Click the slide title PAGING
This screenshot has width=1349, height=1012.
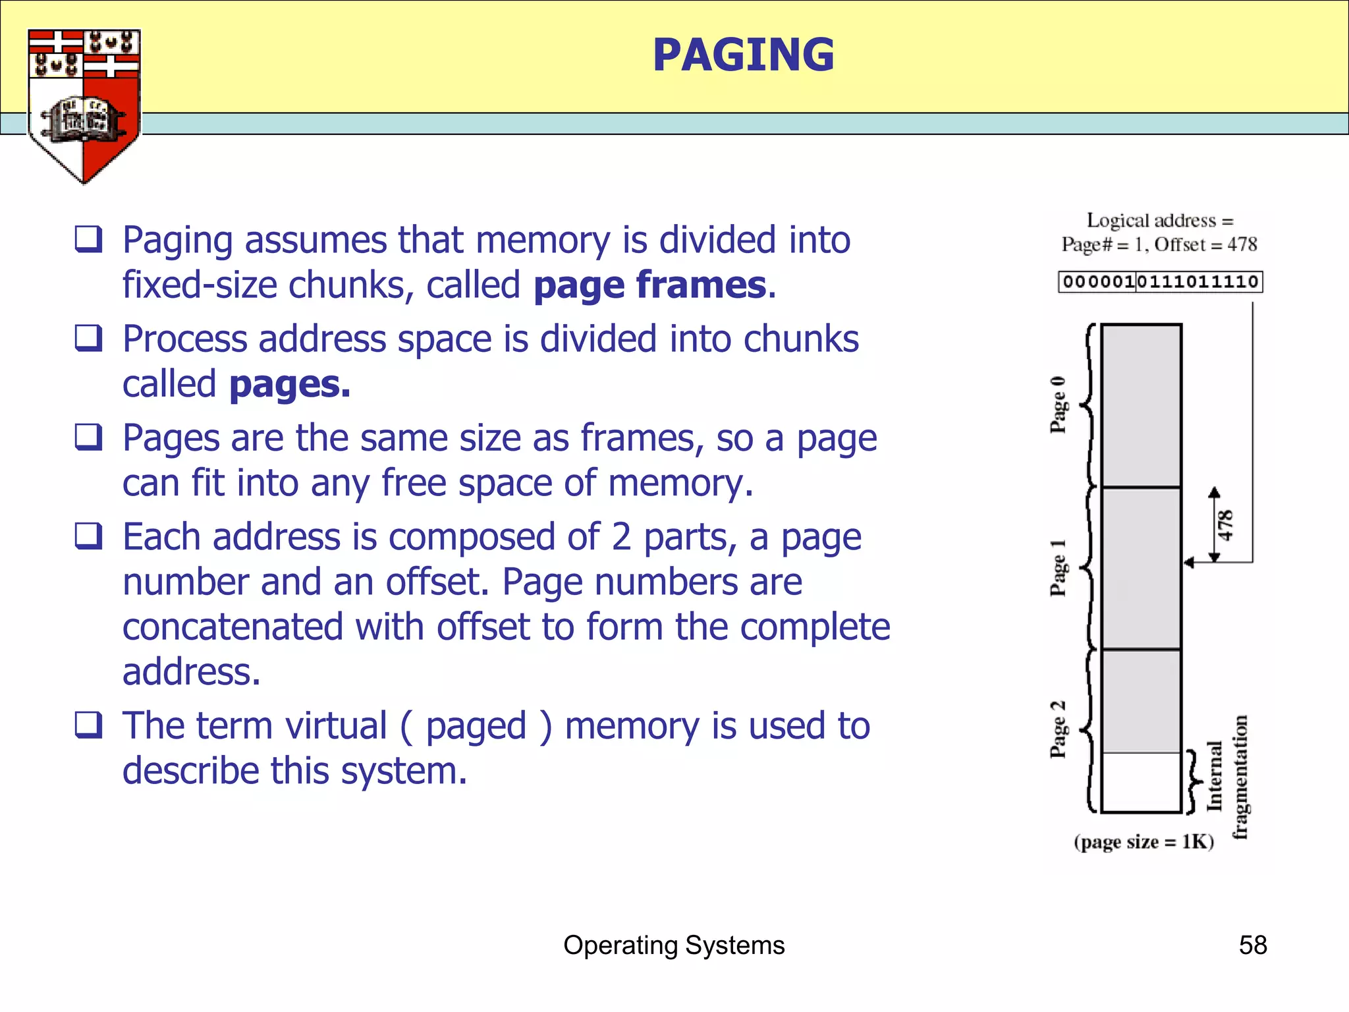click(x=743, y=55)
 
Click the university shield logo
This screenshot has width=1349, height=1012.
click(x=84, y=105)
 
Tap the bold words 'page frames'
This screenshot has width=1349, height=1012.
click(x=650, y=285)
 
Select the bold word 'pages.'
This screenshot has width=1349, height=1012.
click(x=290, y=384)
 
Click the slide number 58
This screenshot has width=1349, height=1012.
click(x=1252, y=945)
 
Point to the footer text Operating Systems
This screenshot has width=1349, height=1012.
click(x=674, y=945)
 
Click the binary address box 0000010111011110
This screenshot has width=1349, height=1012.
click(x=1160, y=282)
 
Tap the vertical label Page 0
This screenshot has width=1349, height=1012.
click(x=1058, y=405)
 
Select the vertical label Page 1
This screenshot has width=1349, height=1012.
click(x=1058, y=567)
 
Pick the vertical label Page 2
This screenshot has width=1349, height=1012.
click(x=1058, y=729)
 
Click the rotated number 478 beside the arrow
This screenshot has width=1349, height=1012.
click(x=1225, y=525)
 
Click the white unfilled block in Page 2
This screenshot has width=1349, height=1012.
click(x=1141, y=782)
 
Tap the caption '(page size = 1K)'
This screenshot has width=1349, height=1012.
click(x=1143, y=842)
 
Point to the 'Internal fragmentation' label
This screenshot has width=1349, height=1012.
click(x=1228, y=777)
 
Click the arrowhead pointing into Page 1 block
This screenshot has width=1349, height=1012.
click(x=1189, y=562)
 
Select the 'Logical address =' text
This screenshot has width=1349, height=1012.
click(x=1159, y=220)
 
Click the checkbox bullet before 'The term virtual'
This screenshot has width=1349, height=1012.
click(x=88, y=725)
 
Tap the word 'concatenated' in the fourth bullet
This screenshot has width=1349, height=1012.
click(x=233, y=627)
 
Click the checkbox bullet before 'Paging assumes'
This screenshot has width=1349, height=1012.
click(x=88, y=239)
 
